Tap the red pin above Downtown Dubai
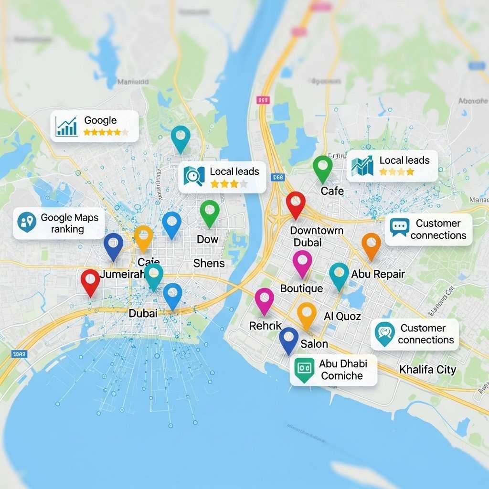click(x=296, y=203)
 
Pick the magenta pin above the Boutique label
click(x=302, y=262)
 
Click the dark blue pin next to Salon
click(x=288, y=339)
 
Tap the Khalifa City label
click(x=427, y=369)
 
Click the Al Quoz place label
click(x=342, y=316)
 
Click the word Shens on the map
click(x=209, y=263)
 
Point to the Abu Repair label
click(x=378, y=274)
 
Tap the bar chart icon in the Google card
click(x=66, y=126)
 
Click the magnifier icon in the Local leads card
click(x=194, y=176)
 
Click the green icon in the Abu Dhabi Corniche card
click(x=304, y=370)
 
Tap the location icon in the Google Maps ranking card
click(x=27, y=222)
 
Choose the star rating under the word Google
click(x=106, y=132)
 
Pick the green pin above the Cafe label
click(x=323, y=167)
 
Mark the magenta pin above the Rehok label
click(x=264, y=299)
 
